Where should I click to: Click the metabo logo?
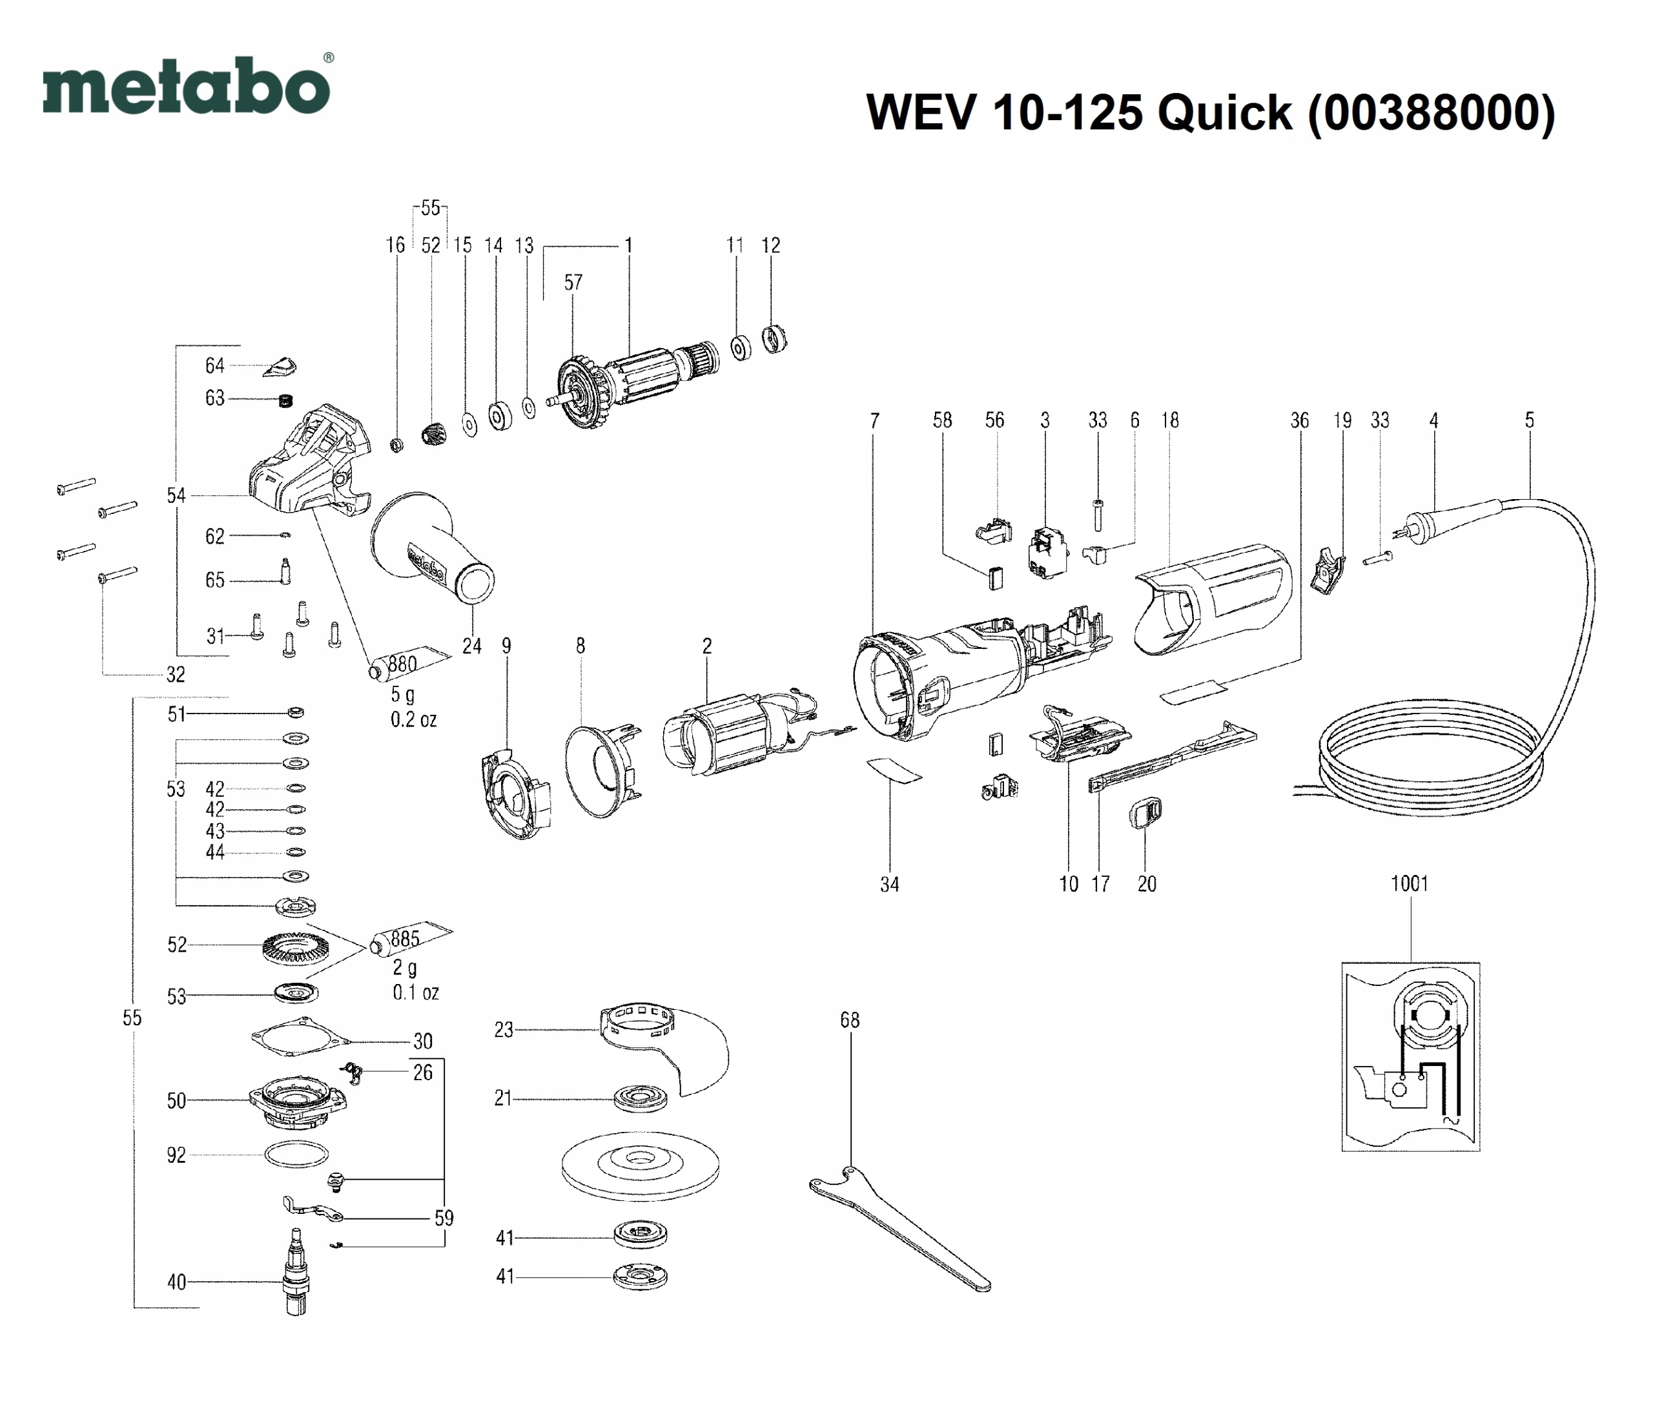pos(187,86)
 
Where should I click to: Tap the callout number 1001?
pos(1409,884)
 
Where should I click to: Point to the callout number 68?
pos(850,1020)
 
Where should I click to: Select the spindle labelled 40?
pos(296,1277)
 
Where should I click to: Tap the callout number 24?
pos(471,646)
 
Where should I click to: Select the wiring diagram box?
pos(1410,1056)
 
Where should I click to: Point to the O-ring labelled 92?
pos(296,1154)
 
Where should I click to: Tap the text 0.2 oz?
pos(413,719)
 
